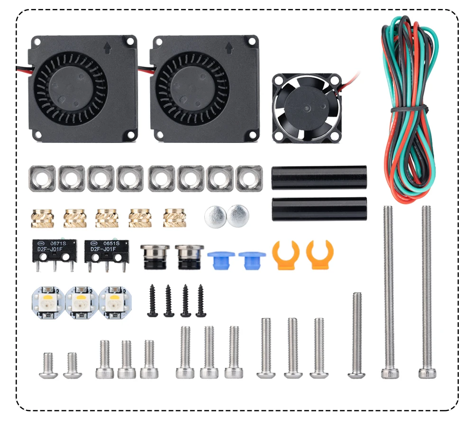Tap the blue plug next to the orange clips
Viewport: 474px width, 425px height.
(251, 259)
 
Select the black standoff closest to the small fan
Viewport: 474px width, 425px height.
(319, 177)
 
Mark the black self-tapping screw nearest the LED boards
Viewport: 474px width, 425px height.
(153, 301)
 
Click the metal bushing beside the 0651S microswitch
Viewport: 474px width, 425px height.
(151, 256)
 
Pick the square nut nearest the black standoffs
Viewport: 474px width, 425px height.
(249, 178)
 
